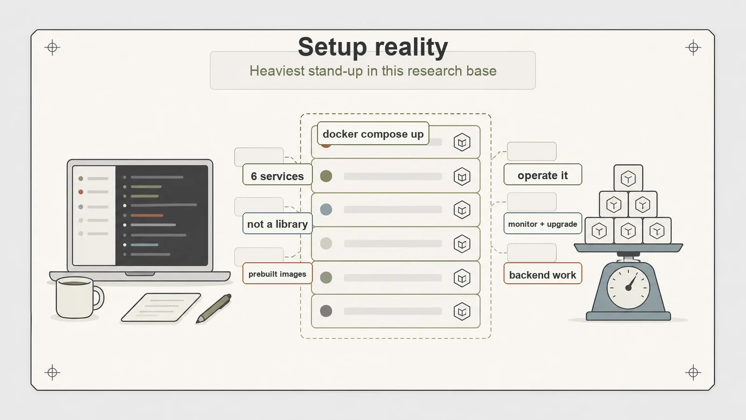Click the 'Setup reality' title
coord(373,47)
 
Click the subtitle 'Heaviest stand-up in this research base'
coord(373,70)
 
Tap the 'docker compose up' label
coord(373,133)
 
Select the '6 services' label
coord(277,175)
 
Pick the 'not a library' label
coord(277,224)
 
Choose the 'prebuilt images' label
coord(277,273)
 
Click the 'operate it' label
coord(543,175)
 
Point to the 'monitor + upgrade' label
coord(543,224)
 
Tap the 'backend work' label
coord(543,274)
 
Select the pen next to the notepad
coord(214,308)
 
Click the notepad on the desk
coord(161,308)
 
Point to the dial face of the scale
coord(628,287)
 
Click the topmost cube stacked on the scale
coord(628,178)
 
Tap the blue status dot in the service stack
coord(326,210)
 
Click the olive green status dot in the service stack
coord(326,176)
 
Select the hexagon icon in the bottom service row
coord(462,312)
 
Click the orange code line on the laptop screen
coord(147,215)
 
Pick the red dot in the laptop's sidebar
coord(81,192)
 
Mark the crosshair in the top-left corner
coord(52,47)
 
